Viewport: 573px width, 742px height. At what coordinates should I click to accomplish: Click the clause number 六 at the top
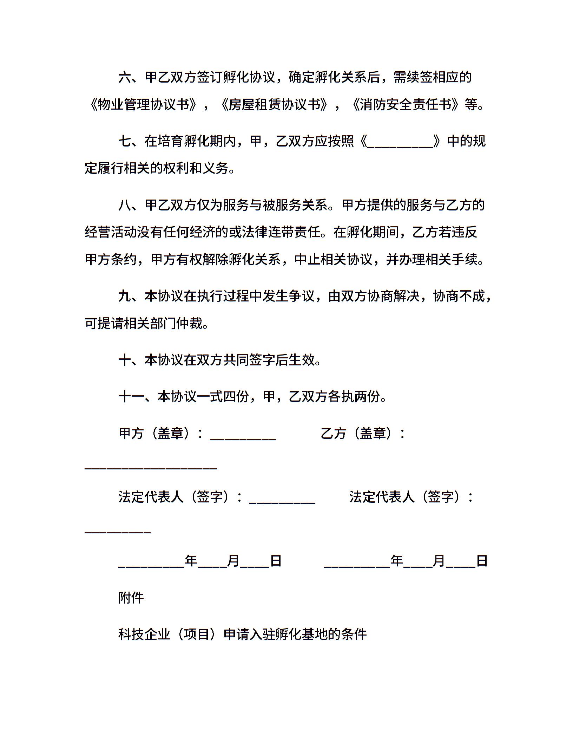pyautogui.click(x=125, y=77)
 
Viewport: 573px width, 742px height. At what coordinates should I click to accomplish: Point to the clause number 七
pyautogui.click(x=125, y=141)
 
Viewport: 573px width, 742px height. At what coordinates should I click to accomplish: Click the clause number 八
pyautogui.click(x=125, y=205)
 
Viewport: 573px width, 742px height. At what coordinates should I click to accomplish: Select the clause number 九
pyautogui.click(x=125, y=296)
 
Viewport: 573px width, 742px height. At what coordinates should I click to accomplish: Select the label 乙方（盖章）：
pyautogui.click(x=363, y=433)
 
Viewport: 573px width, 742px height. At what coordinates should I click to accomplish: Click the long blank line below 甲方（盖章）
pyautogui.click(x=151, y=467)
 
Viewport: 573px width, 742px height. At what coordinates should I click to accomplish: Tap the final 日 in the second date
pyautogui.click(x=482, y=561)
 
